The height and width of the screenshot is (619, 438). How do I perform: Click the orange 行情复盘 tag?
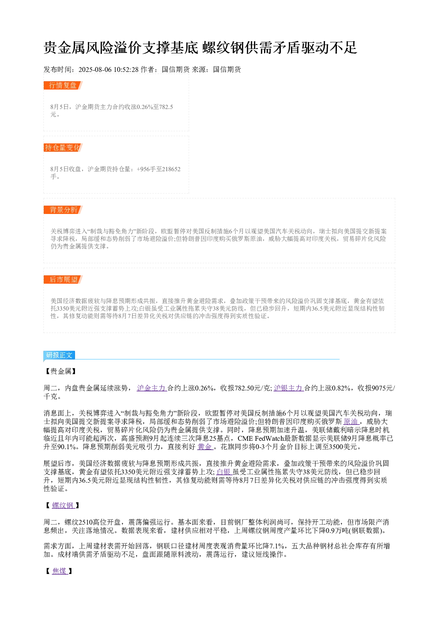pos(63,86)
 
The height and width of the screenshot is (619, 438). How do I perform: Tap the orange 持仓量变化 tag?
pos(63,147)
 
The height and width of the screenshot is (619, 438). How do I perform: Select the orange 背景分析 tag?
pos(63,210)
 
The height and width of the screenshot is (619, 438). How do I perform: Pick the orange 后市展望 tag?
pos(63,279)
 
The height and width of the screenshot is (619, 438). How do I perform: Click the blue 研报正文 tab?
pos(59,355)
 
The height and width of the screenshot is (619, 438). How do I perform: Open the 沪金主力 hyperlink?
pos(151,388)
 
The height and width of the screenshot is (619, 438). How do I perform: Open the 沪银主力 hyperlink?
pos(289,388)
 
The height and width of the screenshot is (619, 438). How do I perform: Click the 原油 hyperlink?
pos(351,421)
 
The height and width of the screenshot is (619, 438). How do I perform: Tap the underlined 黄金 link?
pos(205,446)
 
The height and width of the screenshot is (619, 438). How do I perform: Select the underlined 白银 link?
pos(224,472)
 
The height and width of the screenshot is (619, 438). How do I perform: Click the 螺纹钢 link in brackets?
pos(63,505)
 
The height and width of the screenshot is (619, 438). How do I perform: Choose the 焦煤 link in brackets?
pos(60,571)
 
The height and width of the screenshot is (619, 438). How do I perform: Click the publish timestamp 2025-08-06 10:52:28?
pos(108,69)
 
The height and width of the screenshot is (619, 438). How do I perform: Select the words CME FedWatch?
pos(261,438)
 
